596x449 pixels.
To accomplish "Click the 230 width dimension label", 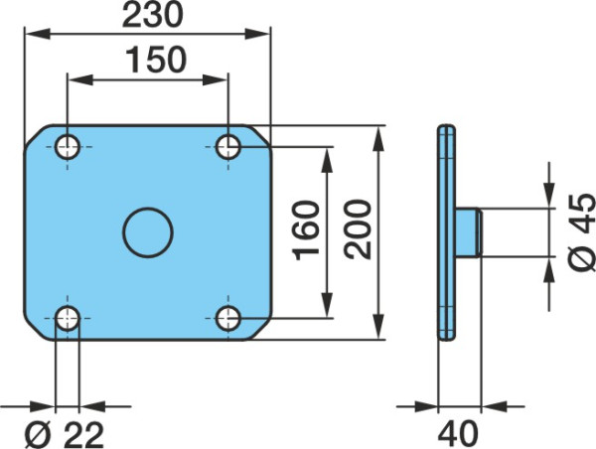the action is (152, 16).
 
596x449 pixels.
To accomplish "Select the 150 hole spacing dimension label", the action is (156, 60).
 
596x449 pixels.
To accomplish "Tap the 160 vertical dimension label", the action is (306, 230).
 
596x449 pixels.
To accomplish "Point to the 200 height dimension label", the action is (358, 229).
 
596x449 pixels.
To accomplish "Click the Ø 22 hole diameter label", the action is (64, 434).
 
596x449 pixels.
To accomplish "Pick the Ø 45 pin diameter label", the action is (582, 232).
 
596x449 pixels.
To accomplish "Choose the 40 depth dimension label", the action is (458, 434).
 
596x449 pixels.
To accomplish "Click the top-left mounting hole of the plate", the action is (68, 147).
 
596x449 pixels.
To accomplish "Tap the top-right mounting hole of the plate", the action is (228, 147).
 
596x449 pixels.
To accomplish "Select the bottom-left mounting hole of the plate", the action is (68, 318).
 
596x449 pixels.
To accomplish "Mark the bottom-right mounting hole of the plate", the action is (228, 318).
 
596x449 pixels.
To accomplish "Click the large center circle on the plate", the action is (148, 232).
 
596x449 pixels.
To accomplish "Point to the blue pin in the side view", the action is (469, 232).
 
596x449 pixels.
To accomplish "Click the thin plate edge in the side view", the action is (446, 232).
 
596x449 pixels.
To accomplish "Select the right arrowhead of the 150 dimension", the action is (216, 79).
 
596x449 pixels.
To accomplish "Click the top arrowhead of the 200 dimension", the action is (379, 139).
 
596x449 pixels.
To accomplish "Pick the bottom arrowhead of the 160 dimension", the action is (327, 305).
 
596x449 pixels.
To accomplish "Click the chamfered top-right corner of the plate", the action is (259, 135).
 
